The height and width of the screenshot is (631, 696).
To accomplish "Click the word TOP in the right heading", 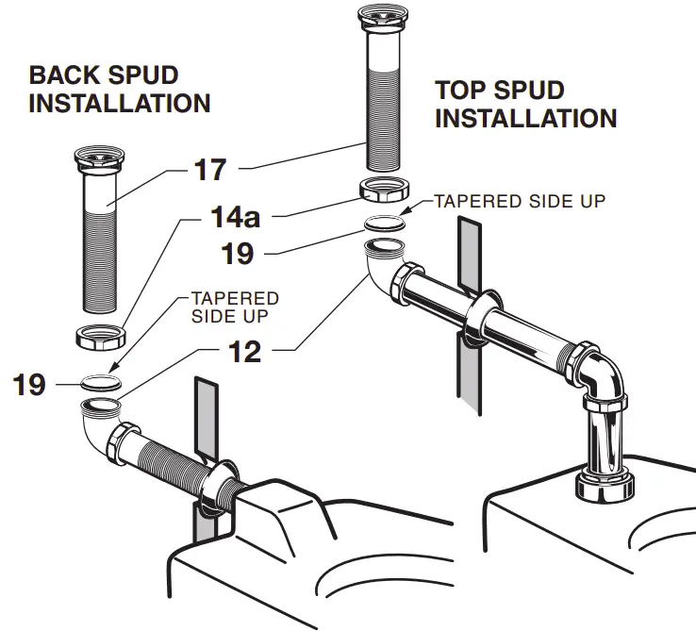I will (x=461, y=91).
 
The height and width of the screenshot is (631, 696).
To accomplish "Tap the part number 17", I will (x=210, y=170).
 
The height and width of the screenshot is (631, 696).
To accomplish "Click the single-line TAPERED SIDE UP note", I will (x=519, y=201).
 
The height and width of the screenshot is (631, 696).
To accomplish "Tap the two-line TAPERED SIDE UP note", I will (x=235, y=306).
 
